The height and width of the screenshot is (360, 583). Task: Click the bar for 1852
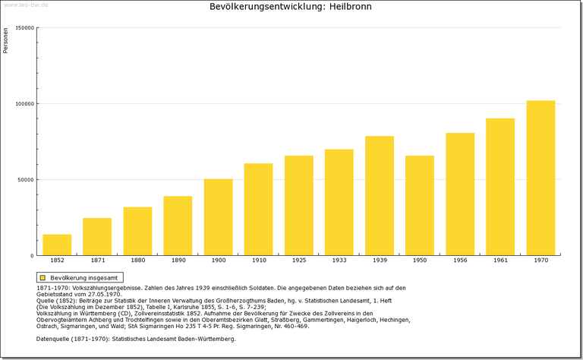point(57,245)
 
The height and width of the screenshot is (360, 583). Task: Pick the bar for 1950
point(420,206)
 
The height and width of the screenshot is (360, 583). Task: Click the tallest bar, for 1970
point(540,178)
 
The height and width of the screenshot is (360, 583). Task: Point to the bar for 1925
point(299,206)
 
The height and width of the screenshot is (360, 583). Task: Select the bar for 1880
point(137,231)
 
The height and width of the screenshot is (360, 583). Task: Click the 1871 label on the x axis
point(97,261)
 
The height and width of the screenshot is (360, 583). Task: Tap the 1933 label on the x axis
point(339,261)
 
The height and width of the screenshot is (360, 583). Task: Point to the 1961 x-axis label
point(500,261)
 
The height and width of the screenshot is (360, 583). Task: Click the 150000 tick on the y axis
point(25,28)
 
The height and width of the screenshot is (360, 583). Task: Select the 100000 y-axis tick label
point(25,104)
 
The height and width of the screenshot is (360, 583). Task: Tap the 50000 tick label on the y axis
point(27,180)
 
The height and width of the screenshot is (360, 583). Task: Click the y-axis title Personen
point(6,40)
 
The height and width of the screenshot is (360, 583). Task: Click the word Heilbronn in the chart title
point(350,7)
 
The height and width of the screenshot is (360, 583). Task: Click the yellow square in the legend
point(43,278)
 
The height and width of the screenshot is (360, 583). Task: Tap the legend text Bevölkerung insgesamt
point(84,278)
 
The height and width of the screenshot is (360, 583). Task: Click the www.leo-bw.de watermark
point(27,5)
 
